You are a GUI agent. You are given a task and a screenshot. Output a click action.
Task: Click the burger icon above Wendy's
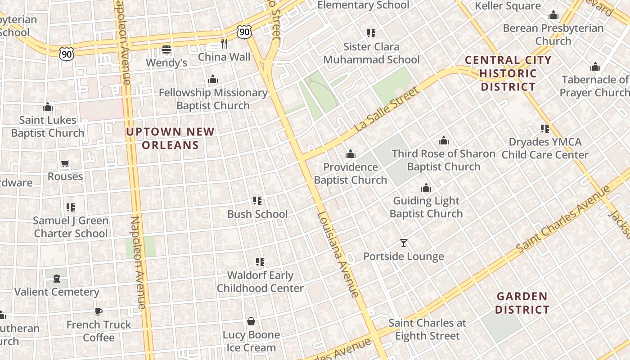point(166,49)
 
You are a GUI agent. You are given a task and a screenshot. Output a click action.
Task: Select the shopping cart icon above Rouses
point(65,163)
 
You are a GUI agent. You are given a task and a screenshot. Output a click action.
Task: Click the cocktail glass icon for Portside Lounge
point(404,243)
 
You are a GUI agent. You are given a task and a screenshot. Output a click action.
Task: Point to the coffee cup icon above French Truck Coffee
point(99,311)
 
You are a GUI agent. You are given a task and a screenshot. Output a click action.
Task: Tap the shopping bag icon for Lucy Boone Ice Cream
point(251,321)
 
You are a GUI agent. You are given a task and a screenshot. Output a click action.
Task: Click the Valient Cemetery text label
point(57,292)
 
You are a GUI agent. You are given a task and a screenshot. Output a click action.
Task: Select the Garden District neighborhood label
point(522,303)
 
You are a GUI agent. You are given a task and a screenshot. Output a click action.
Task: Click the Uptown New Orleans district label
point(171,138)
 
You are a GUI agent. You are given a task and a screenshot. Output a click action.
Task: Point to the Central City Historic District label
point(508,73)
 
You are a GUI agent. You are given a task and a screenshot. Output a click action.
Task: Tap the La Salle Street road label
point(387,109)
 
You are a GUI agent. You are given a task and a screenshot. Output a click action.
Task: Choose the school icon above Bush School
point(257,200)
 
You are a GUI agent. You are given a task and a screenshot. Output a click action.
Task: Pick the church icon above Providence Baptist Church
point(351,154)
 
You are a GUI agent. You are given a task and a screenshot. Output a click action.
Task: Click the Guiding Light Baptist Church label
point(426,207)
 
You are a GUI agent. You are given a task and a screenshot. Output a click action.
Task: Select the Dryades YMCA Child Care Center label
point(545,148)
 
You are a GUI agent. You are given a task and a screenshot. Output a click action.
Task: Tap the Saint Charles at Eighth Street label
point(427,329)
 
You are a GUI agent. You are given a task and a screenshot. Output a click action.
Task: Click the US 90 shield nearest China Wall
point(244,31)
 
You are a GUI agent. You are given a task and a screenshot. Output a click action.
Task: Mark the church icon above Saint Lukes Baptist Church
point(48,107)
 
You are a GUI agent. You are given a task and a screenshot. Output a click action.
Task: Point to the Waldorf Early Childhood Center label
point(260,281)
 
